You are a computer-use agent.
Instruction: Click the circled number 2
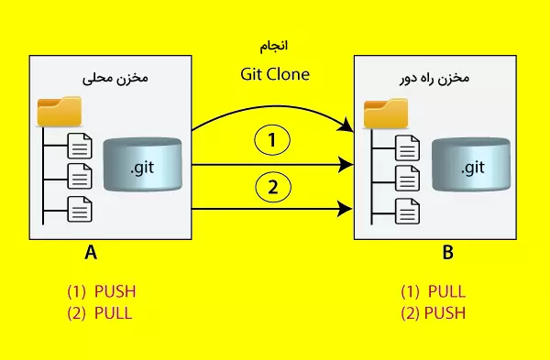pos(272,188)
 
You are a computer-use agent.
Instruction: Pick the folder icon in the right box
pos(385,113)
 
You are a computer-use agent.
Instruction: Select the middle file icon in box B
pos(406,176)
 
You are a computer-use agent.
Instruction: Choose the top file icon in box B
pos(406,145)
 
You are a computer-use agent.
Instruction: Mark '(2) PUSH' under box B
pos(433,312)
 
